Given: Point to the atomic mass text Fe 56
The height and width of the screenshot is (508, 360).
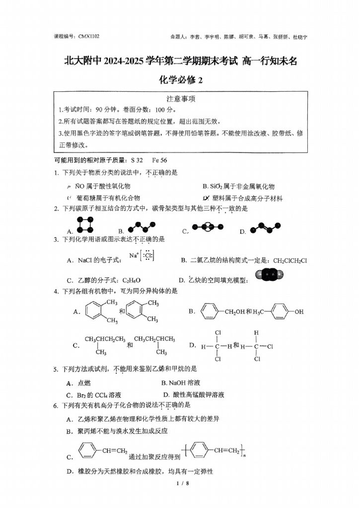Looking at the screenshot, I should [159, 160].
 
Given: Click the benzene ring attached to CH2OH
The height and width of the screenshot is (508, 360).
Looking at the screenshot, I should [210, 312].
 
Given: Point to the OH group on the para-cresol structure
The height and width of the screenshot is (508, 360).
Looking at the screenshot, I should [298, 312].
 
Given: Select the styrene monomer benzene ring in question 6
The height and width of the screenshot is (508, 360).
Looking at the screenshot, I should [87, 451].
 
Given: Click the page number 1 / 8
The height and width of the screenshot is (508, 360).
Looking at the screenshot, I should [180, 483].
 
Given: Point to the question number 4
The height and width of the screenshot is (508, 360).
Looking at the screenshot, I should [56, 291].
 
